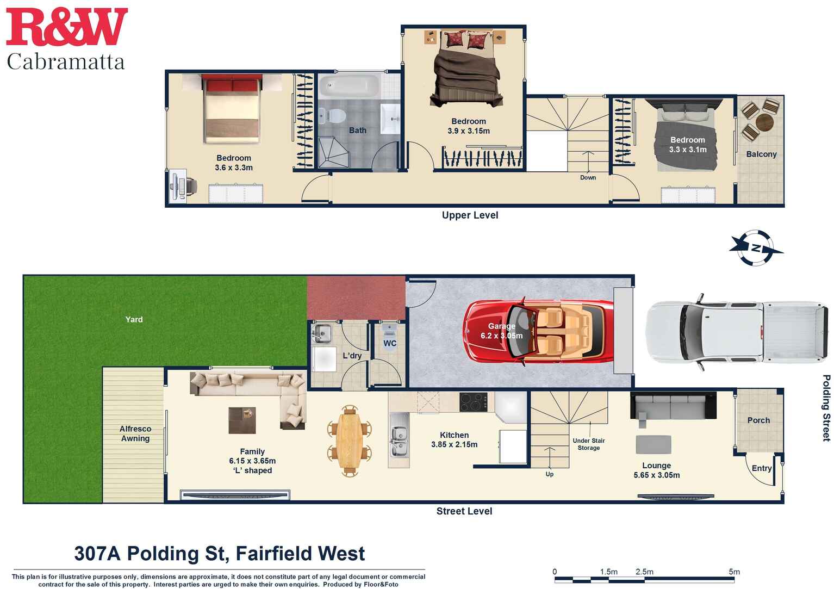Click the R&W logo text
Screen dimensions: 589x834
(x=66, y=27)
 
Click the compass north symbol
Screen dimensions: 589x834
(x=756, y=249)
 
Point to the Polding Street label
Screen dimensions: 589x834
(x=826, y=407)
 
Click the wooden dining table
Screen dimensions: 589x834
(x=349, y=440)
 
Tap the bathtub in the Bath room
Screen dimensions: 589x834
(x=348, y=86)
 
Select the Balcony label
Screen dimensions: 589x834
(x=761, y=154)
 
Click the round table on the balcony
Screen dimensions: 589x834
(x=764, y=122)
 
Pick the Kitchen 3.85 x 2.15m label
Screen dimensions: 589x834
(x=454, y=440)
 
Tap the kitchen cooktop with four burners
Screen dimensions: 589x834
(x=473, y=402)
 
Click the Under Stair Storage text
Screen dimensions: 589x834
(x=588, y=444)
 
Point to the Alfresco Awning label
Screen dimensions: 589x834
(x=135, y=434)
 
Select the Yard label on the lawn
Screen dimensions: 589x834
(x=134, y=320)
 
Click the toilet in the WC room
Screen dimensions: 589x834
(x=389, y=331)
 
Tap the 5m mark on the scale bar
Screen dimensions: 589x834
(x=734, y=572)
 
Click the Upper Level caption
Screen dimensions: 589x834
(x=470, y=215)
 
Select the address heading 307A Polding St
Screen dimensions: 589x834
(x=219, y=554)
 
